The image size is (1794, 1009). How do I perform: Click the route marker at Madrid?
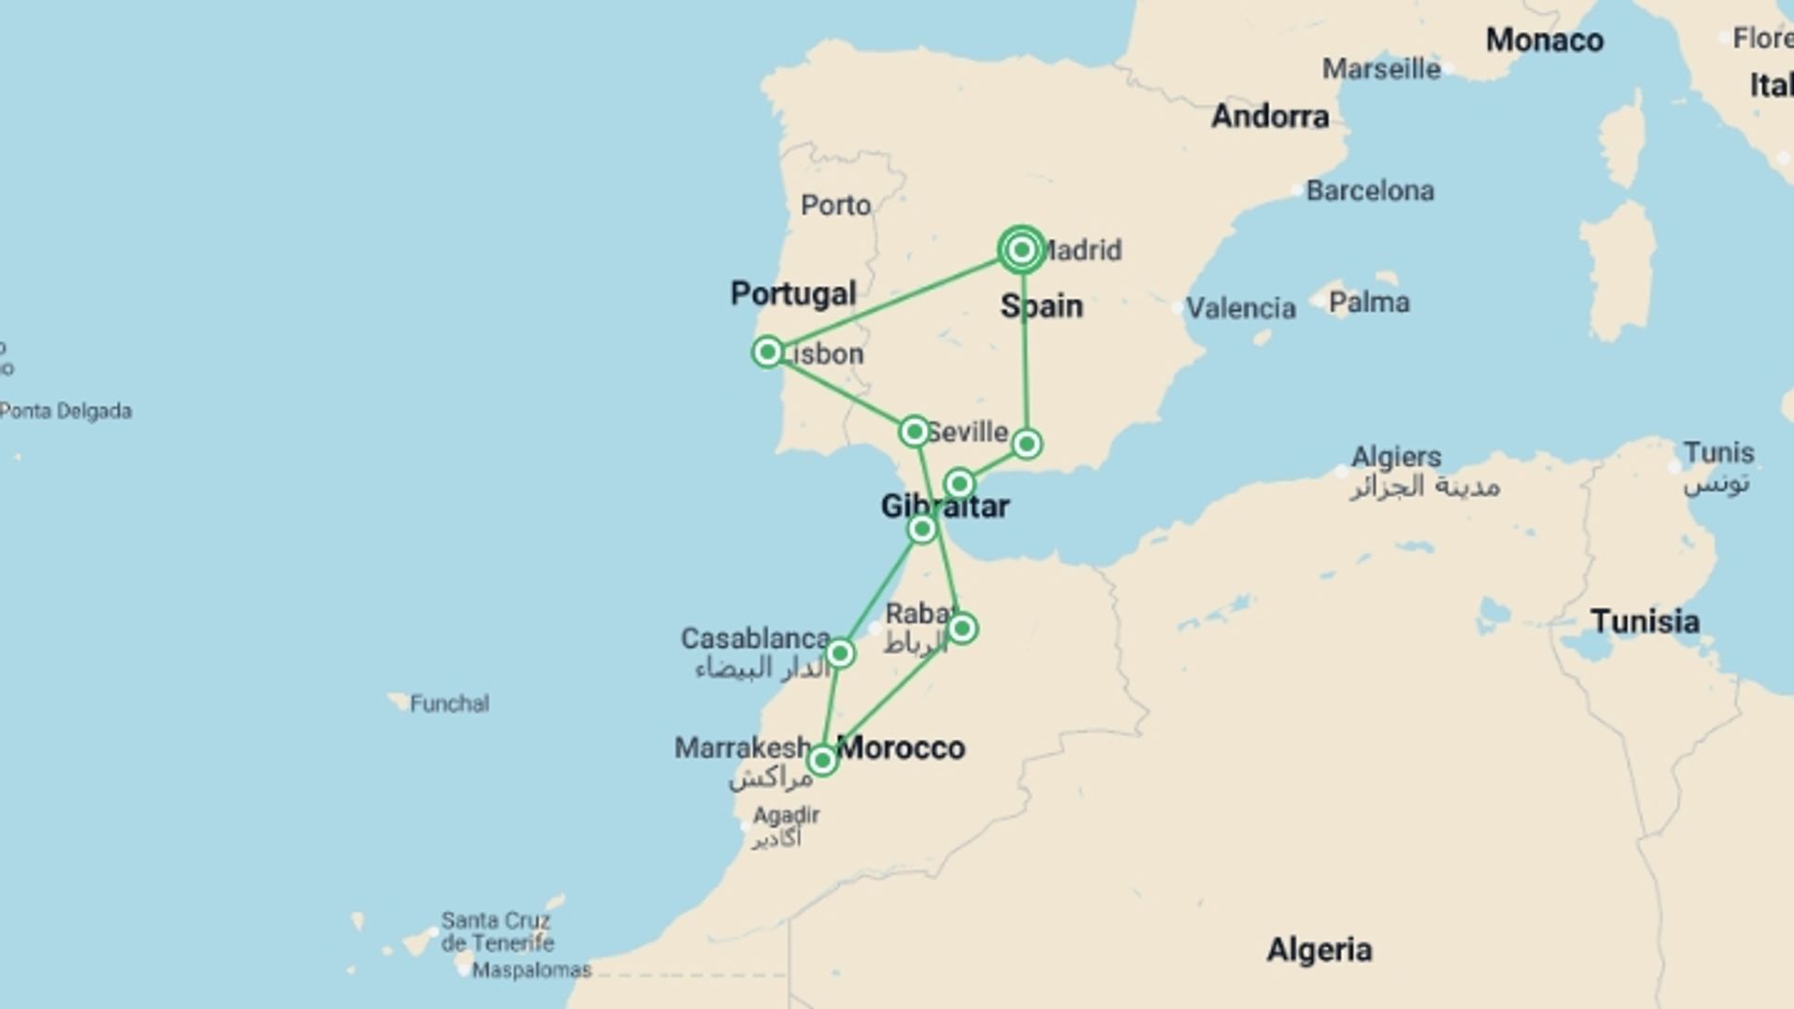coord(1021,249)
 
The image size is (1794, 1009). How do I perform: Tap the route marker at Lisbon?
coord(767,352)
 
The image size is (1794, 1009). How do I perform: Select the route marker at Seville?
coord(914,432)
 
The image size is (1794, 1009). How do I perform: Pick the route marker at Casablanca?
coord(840,653)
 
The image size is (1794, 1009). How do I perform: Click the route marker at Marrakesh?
coord(822,760)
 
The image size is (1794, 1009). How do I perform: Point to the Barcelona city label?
coord(1369,191)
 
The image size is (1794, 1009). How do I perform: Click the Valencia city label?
coord(1240,307)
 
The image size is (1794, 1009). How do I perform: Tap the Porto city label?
coord(835,205)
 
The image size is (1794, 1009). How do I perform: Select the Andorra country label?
coord(1270,116)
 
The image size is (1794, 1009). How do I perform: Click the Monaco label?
coord(1544,40)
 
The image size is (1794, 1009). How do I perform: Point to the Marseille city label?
coord(1381,68)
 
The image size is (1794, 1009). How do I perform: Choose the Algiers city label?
coord(1396,457)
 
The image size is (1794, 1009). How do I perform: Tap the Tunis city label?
coord(1718,453)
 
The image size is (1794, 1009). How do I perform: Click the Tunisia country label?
coord(1644,621)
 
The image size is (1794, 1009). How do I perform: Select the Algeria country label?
coord(1318,950)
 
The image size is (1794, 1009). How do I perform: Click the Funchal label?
coord(448,703)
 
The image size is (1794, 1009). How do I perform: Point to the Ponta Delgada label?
coord(65,411)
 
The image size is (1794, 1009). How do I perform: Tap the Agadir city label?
coord(786,816)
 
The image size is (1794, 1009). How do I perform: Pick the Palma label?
coord(1369,303)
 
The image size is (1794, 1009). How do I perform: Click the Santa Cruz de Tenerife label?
coord(497,931)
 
